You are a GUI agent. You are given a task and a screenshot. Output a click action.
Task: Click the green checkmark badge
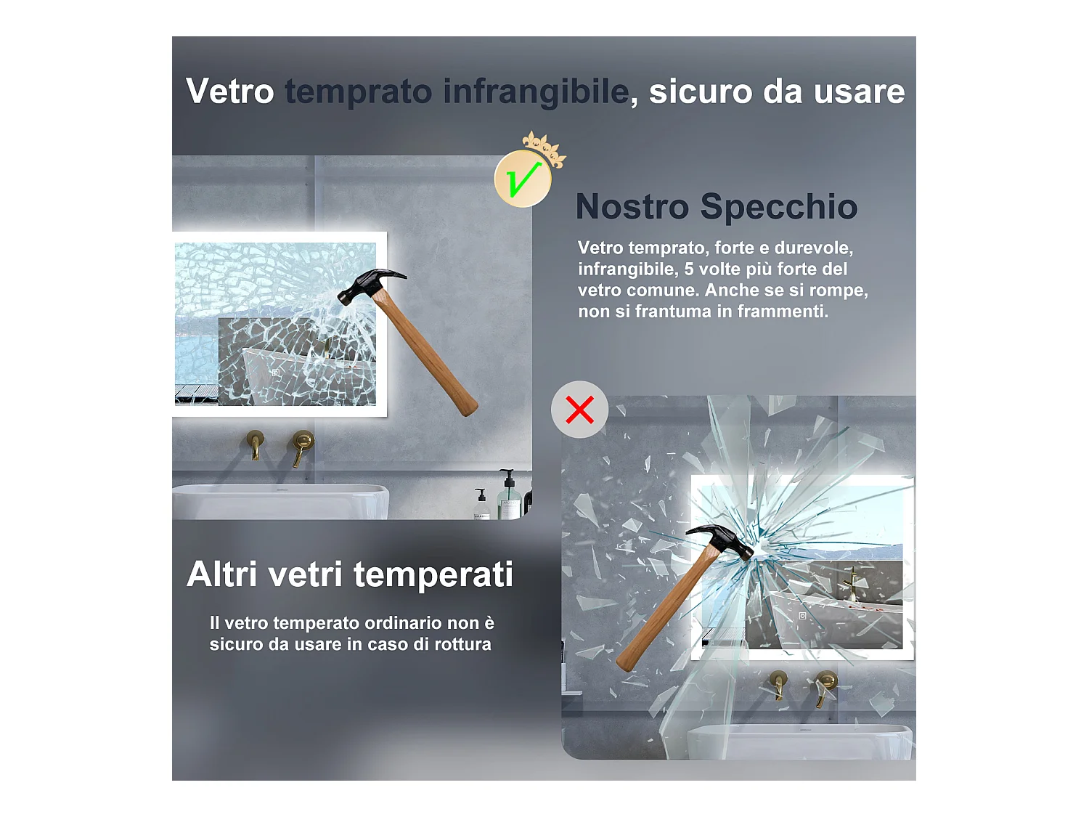(523, 179)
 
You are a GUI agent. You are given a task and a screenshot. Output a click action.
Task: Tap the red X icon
(579, 410)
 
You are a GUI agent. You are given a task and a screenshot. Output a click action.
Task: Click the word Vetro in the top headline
(230, 92)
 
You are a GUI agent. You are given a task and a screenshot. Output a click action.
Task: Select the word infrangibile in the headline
(536, 92)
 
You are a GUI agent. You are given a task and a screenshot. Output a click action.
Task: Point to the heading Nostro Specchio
(717, 207)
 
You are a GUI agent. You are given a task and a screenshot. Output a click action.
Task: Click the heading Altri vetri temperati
(350, 574)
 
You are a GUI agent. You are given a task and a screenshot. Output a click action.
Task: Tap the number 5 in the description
(689, 269)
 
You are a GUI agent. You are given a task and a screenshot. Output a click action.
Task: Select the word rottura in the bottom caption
(462, 644)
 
